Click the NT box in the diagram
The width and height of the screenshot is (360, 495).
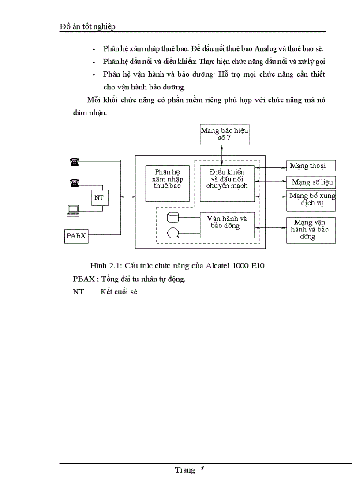[99, 198]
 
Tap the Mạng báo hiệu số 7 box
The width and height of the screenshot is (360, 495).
[225, 134]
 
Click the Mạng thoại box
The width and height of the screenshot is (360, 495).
[311, 166]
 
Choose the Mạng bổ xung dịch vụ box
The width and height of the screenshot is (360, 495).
[311, 200]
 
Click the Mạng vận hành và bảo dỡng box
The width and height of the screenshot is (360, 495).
[311, 230]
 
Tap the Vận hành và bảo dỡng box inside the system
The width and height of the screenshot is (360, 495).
[227, 225]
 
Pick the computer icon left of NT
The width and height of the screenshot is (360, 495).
[73, 211]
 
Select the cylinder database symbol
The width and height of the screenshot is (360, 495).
[172, 218]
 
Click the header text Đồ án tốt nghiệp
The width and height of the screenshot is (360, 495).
[87, 27]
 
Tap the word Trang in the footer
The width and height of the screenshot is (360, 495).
[184, 470]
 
